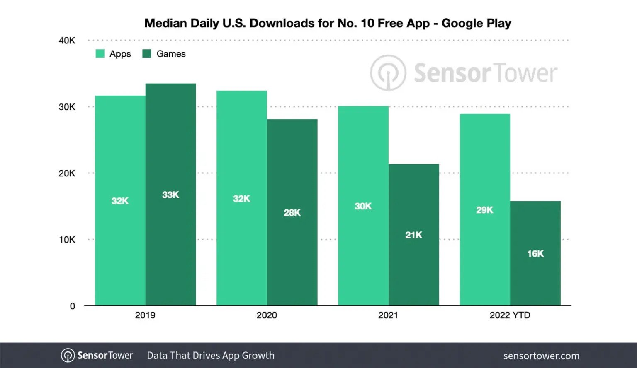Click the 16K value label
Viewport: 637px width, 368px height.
tap(535, 254)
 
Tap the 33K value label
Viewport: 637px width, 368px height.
tap(170, 195)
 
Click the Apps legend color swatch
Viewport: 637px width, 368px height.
tap(100, 54)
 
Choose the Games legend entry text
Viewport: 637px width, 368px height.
tap(171, 54)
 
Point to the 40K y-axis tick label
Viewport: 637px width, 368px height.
tap(67, 41)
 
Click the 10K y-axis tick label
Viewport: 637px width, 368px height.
tap(67, 240)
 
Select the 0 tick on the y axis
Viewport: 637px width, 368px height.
tap(73, 306)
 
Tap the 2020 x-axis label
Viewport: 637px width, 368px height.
tap(267, 315)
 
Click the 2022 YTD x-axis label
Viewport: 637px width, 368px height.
tap(510, 315)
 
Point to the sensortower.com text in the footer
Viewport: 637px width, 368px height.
tap(541, 356)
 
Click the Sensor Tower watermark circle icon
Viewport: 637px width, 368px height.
tap(388, 73)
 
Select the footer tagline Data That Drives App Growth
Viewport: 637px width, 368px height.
tap(211, 356)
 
